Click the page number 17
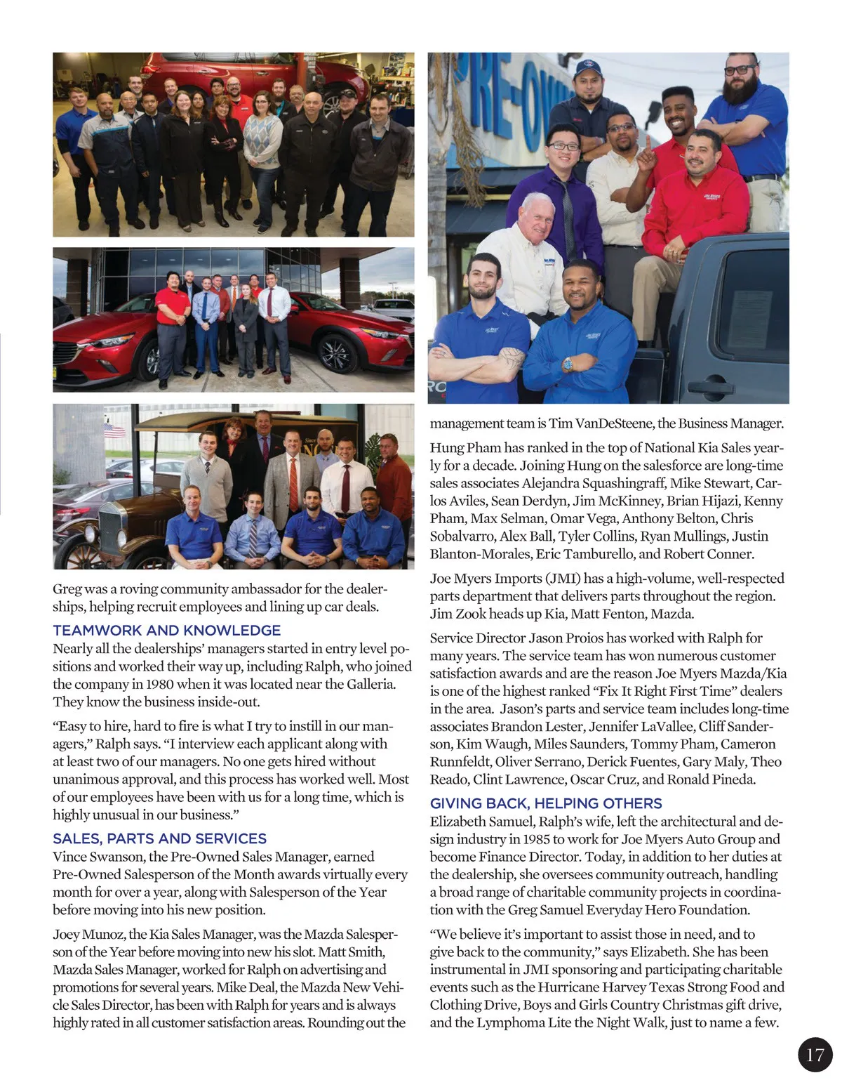[815, 1055]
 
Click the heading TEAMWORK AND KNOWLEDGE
[167, 631]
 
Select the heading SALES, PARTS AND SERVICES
[160, 838]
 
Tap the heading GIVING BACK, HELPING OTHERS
[546, 803]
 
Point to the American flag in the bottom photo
[114, 430]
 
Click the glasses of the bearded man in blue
[741, 70]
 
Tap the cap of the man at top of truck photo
[588, 68]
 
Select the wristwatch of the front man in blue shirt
[567, 364]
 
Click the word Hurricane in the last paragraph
[571, 987]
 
